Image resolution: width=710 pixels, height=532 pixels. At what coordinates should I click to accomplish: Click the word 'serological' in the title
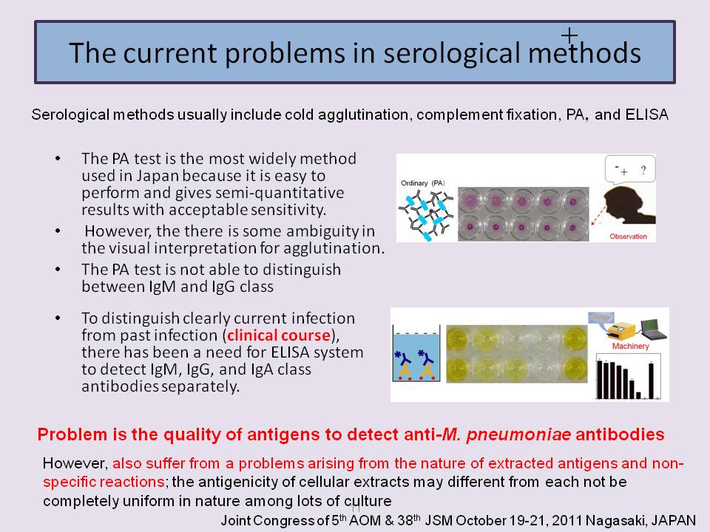pyautogui.click(x=451, y=53)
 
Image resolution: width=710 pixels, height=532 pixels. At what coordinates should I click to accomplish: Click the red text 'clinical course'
pyautogui.click(x=279, y=335)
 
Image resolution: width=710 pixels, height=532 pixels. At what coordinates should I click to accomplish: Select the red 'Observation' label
pyautogui.click(x=628, y=236)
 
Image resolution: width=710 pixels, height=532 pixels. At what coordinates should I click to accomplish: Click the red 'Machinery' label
pyautogui.click(x=630, y=346)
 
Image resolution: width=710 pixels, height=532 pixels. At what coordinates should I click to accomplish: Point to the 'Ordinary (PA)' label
pyautogui.click(x=423, y=183)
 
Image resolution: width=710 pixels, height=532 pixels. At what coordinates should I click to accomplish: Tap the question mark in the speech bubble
pyautogui.click(x=643, y=171)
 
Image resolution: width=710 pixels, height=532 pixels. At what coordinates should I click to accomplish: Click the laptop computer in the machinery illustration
pyautogui.click(x=652, y=329)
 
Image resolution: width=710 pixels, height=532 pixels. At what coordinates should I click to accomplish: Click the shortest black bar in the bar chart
pyautogui.click(x=638, y=395)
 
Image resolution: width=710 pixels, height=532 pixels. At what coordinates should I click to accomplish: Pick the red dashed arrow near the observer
pyautogui.click(x=598, y=215)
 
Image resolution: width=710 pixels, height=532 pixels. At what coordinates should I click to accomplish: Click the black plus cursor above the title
pyautogui.click(x=569, y=35)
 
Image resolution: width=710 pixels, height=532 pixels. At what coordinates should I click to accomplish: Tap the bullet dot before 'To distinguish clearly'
pyautogui.click(x=58, y=318)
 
